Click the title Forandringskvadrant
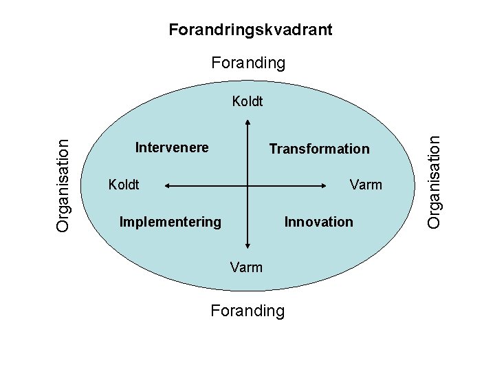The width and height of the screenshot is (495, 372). (250, 30)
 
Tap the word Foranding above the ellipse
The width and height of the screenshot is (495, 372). (247, 63)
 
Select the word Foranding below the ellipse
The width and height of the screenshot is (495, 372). (247, 311)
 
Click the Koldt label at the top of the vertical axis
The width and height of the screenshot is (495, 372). (247, 102)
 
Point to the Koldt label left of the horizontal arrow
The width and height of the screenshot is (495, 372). (124, 185)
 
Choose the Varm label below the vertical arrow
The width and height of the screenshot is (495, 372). (246, 267)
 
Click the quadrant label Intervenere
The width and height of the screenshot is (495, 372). (172, 147)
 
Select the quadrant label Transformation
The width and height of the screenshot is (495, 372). (319, 149)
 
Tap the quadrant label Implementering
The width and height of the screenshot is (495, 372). (170, 222)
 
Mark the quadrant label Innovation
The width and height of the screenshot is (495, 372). (318, 222)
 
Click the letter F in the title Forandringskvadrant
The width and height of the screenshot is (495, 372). (173, 30)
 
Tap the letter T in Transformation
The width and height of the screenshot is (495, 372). (273, 149)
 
